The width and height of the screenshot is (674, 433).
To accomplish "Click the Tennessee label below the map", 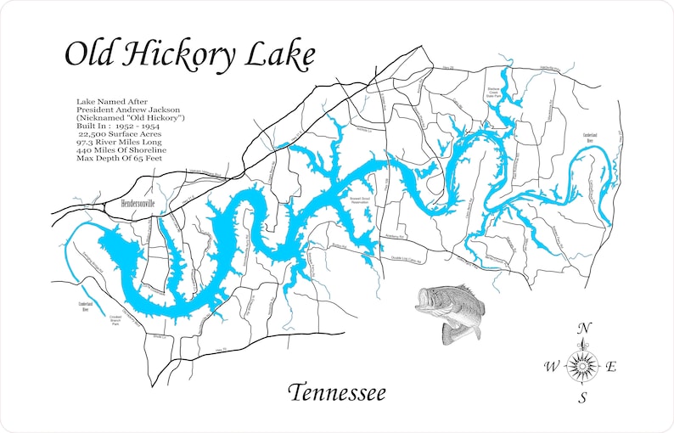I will [336, 393].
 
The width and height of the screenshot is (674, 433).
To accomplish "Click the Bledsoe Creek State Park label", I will [496, 95].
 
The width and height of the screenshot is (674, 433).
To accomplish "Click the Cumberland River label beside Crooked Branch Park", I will [85, 306].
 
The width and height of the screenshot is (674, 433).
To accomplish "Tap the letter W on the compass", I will [551, 367].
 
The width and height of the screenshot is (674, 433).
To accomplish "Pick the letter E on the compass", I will [611, 367].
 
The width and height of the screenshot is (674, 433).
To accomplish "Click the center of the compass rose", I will [582, 365].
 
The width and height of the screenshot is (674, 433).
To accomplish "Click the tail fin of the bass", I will [463, 332].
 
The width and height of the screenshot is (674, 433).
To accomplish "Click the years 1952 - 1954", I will [149, 126].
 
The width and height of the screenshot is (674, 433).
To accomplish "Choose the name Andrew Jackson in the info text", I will [149, 110].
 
